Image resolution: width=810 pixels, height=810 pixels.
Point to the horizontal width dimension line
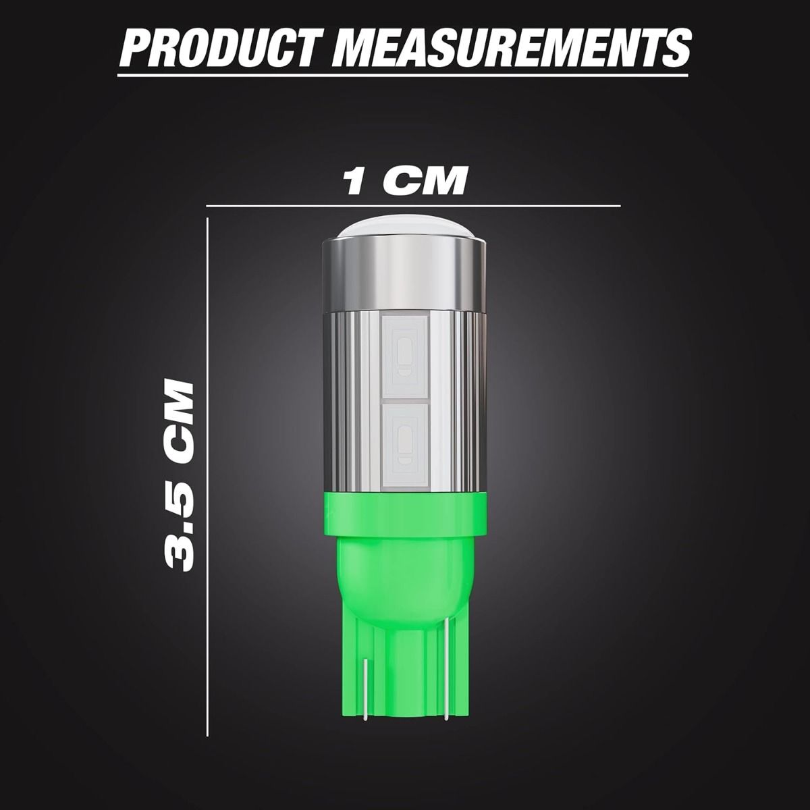(413, 206)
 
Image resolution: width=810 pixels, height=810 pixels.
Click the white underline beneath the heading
(403, 76)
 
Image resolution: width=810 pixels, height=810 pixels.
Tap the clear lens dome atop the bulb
(405, 230)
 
